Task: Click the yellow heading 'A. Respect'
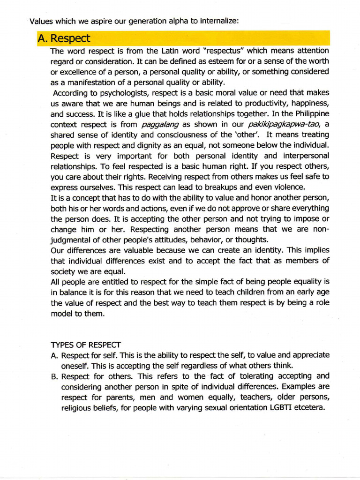click(64, 38)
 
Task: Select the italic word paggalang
click(157, 124)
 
